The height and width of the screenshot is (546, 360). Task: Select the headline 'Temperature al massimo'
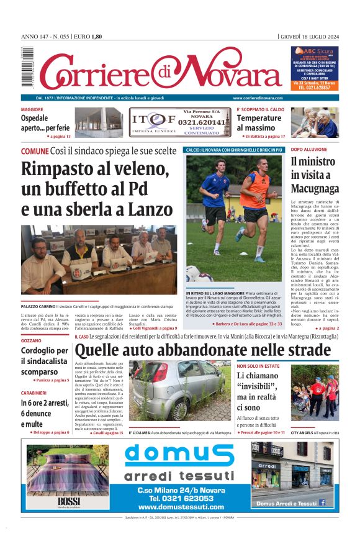click(259, 123)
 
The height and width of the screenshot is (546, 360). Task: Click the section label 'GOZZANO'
click(32, 342)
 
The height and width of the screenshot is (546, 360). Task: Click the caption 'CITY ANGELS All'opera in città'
click(315, 432)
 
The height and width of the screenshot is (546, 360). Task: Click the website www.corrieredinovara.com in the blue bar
click(258, 98)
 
